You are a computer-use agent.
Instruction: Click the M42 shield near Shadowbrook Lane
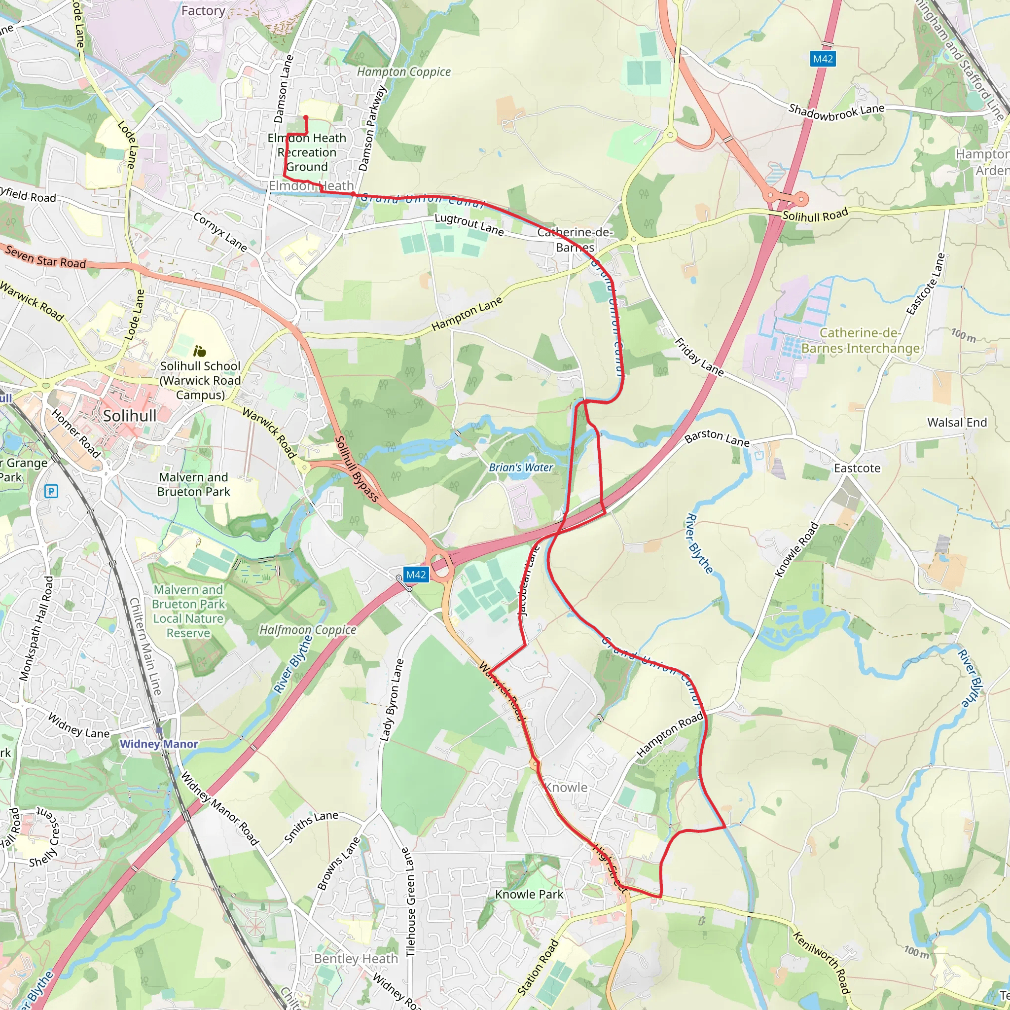[x=823, y=59]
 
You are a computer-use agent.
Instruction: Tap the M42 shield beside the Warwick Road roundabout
[x=416, y=575]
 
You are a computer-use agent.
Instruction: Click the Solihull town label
[x=130, y=416]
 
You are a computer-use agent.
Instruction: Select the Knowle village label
[x=566, y=787]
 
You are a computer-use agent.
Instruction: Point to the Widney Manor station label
[x=159, y=744]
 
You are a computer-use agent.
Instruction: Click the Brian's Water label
[x=521, y=468]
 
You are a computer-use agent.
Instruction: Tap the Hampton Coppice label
[x=403, y=72]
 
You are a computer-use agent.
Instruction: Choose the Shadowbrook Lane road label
[x=836, y=111]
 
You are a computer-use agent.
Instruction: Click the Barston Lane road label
[x=717, y=437]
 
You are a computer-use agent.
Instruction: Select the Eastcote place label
[x=857, y=469]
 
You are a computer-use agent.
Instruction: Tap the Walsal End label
[x=957, y=423]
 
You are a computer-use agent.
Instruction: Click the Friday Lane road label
[x=699, y=358]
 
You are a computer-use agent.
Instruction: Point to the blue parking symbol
[x=51, y=491]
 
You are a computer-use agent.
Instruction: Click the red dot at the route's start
[x=306, y=118]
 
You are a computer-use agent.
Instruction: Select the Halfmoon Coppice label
[x=308, y=630]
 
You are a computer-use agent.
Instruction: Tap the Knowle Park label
[x=529, y=895]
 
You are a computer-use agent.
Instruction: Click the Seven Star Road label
[x=45, y=257]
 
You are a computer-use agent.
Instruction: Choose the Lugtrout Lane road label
[x=469, y=224]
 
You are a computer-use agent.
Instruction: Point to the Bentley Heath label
[x=356, y=959]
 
